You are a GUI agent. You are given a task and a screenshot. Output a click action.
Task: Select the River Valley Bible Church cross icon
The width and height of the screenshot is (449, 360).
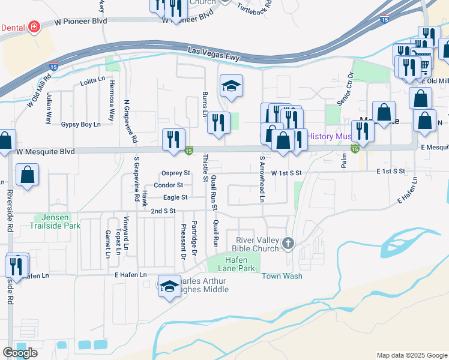[289, 244]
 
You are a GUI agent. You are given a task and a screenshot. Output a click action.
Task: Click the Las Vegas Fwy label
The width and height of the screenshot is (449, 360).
[214, 54]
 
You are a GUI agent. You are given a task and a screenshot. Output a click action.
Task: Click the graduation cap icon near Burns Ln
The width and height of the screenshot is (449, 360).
[231, 86]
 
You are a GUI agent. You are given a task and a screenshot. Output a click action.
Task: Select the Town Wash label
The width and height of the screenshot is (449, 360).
[282, 276]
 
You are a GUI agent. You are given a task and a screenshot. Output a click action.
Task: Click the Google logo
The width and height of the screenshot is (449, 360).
[20, 353]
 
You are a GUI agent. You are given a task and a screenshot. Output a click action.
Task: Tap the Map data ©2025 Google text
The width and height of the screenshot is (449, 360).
[411, 355]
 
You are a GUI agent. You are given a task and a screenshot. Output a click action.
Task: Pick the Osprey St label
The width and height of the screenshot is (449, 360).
[176, 173]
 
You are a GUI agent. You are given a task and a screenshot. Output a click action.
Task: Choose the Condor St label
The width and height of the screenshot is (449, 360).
[168, 185]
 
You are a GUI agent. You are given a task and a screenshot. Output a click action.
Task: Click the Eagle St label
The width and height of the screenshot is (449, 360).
[175, 197]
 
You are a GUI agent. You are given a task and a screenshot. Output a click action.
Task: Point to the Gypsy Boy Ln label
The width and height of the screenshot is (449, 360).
[80, 125]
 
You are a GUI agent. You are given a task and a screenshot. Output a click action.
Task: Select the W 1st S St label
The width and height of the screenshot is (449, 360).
[286, 173]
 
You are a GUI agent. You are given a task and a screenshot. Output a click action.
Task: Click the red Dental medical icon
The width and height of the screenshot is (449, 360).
[34, 27]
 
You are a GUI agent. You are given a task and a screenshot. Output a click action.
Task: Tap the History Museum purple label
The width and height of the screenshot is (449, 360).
[330, 136]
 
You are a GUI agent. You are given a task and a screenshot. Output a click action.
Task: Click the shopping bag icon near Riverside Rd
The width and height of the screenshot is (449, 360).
[28, 175]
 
